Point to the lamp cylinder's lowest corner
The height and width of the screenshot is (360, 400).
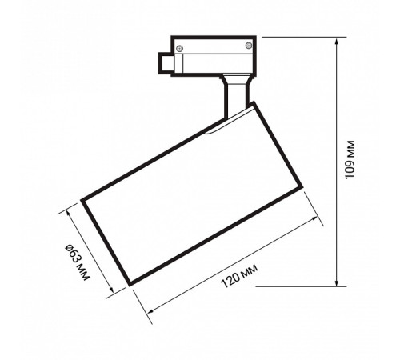coord(127,284)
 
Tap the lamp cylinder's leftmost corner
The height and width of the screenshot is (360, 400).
coord(81,199)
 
